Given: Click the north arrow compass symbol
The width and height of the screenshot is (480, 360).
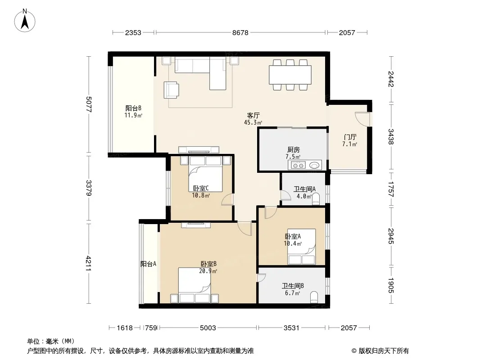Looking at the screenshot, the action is click(25, 21).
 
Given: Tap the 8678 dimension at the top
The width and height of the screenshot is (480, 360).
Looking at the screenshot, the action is click(240, 32).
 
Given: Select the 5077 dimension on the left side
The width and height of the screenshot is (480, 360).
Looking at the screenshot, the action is click(89, 104).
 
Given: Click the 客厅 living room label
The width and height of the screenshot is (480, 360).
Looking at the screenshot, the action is click(253, 116).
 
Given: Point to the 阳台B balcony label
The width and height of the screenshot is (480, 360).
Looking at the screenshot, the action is click(133, 108).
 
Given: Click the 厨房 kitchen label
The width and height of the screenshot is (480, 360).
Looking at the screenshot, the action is click(293, 150).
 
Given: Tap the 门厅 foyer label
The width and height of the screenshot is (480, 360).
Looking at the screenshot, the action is click(350, 137).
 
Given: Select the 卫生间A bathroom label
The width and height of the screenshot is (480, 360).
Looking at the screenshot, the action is click(304, 189).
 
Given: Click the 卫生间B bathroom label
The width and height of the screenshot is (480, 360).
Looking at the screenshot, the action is click(293, 286).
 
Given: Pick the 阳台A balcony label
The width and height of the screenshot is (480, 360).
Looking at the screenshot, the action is click(149, 264).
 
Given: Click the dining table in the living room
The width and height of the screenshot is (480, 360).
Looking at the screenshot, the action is click(290, 75).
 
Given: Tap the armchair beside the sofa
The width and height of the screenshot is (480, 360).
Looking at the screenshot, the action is click(172, 90).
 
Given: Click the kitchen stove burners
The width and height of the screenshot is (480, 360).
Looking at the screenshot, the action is click(298, 166).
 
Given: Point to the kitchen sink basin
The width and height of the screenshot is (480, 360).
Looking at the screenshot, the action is click(314, 166).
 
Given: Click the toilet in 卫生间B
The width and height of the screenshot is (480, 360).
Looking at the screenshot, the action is click(314, 297).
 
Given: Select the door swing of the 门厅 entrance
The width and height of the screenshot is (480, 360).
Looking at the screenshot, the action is click(362, 119).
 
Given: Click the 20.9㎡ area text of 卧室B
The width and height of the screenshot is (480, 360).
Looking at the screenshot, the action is click(208, 271).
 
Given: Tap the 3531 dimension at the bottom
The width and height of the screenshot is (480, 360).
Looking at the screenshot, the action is click(291, 328).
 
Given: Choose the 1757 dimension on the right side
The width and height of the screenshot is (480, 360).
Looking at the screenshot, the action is click(391, 189).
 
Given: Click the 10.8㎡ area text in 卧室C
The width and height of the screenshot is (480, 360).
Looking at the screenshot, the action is click(201, 195).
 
